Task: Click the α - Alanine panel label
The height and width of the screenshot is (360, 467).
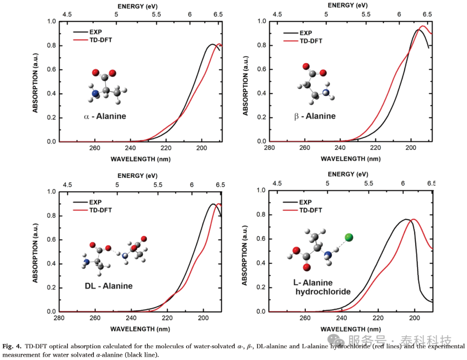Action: (x=105, y=116)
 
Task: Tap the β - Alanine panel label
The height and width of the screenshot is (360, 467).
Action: (x=315, y=116)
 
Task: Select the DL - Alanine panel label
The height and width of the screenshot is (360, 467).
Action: (x=109, y=286)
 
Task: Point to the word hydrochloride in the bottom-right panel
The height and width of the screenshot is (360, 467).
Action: (x=323, y=292)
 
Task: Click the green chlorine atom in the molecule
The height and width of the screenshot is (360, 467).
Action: (x=349, y=237)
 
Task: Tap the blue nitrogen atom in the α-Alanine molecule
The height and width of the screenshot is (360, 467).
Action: (x=95, y=93)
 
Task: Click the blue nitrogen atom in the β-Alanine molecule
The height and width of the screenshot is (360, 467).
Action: (x=326, y=93)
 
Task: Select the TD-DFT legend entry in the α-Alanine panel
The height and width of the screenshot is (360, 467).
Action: (x=93, y=40)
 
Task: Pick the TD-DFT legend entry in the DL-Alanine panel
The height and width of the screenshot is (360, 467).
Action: (x=93, y=210)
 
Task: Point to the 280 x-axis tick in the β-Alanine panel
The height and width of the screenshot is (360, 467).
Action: (x=269, y=148)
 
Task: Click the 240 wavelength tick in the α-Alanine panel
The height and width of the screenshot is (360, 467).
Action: (x=130, y=148)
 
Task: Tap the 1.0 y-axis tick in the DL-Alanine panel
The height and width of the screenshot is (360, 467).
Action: (x=51, y=192)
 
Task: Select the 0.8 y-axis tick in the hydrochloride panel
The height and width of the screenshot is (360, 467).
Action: (x=261, y=215)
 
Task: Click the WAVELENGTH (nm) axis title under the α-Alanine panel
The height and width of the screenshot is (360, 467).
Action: (x=141, y=159)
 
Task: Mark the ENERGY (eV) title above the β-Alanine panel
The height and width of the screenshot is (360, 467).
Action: (x=348, y=5)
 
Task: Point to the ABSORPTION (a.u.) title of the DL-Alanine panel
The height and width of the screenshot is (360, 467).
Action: (x=35, y=253)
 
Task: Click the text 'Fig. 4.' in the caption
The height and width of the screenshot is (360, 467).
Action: (x=12, y=346)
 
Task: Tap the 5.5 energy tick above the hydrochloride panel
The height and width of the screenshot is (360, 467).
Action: (x=369, y=183)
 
